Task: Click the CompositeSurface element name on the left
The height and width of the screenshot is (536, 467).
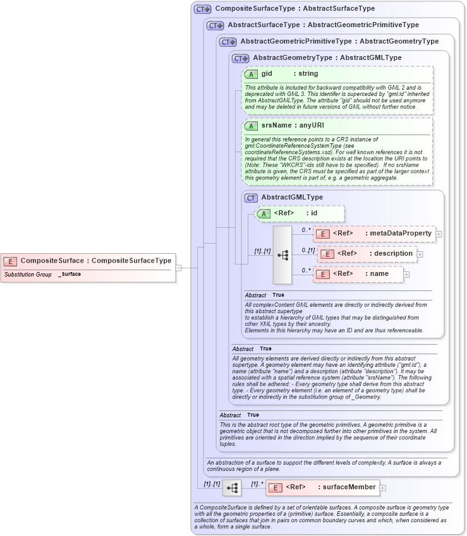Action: [x=52, y=261]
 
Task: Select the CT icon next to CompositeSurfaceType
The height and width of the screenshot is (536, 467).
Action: [x=202, y=9]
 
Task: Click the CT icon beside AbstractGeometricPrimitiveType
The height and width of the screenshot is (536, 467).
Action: [x=227, y=42]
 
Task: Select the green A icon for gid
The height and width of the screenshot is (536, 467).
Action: [x=250, y=74]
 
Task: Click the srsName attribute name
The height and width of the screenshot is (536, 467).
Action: [x=276, y=126]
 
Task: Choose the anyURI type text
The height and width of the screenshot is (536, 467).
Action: [x=312, y=126]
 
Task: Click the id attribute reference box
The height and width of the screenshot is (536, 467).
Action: [x=300, y=213]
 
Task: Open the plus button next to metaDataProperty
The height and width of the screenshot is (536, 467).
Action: [x=439, y=234]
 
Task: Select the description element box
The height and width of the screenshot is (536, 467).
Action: [x=367, y=254]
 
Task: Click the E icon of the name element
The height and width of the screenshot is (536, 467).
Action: [x=322, y=275]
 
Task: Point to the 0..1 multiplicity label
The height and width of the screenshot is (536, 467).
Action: [x=308, y=251]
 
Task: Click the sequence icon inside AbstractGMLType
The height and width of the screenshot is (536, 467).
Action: [x=282, y=254]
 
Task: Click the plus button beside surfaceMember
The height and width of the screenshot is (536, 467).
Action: [x=382, y=487]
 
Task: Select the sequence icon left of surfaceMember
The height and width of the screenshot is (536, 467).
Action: [x=232, y=487]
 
